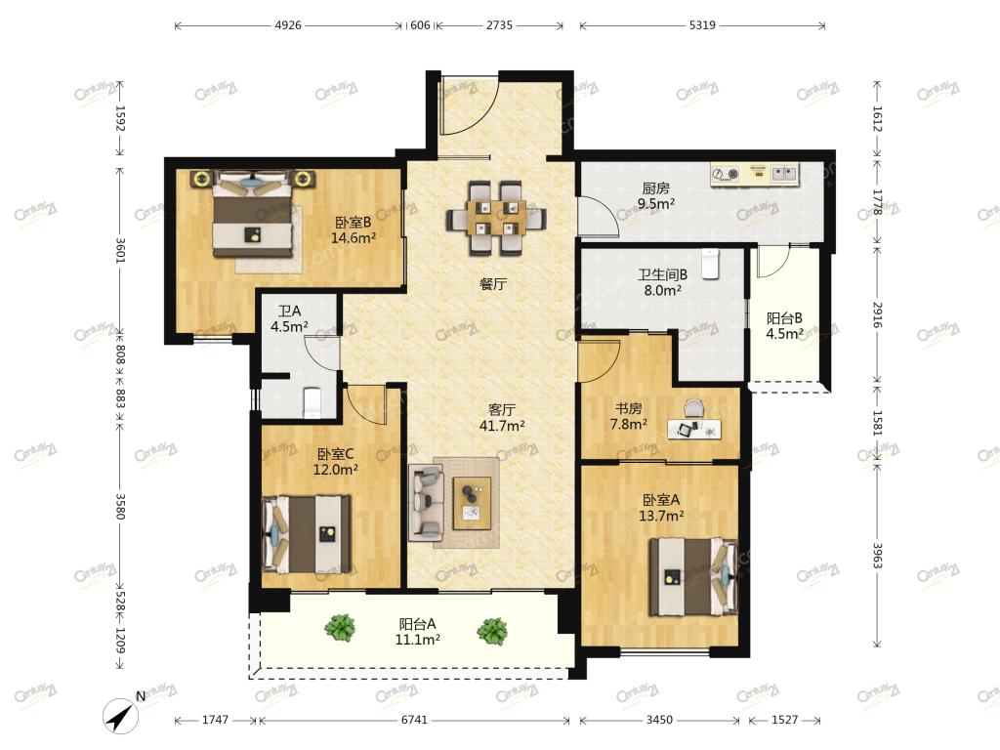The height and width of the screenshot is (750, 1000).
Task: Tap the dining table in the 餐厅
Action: coord(497,218)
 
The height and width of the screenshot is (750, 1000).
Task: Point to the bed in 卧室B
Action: coord(254,214)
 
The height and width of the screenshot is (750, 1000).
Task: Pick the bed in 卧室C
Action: coord(307,534)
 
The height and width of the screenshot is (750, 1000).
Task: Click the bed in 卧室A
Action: coord(693,577)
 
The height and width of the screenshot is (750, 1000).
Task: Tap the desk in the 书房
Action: coord(694,429)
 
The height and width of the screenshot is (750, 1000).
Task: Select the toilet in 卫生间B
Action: coord(711,264)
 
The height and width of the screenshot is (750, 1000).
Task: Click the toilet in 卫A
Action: coord(312,401)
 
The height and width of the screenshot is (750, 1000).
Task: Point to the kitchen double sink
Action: coord(783,173)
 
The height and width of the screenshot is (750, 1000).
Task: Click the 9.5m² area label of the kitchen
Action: coord(656,204)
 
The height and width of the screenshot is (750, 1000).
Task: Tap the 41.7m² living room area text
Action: coord(502,426)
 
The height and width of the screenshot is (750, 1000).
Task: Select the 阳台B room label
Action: coord(784,318)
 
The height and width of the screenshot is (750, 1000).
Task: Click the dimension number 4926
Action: coord(288,25)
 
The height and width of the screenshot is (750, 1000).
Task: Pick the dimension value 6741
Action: coord(414,720)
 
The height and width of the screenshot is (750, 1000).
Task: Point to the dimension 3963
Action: coord(877,556)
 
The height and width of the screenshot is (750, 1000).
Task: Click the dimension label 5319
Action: coord(702,25)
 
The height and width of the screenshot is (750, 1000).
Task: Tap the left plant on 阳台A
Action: coord(340,628)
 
